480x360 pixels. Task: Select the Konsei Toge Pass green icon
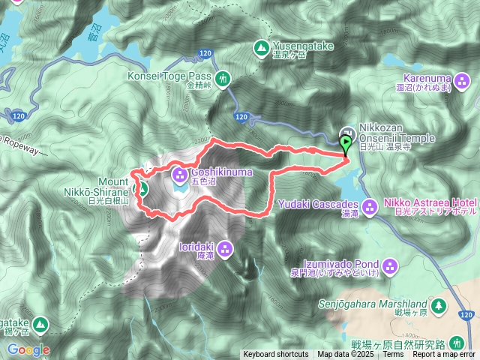pos(222,77)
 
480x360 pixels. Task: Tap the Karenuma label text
pos(436,78)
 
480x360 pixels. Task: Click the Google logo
pos(28,349)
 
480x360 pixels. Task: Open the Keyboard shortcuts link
pos(275,355)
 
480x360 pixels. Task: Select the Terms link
pos(392,355)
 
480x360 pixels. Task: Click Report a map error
pos(445,355)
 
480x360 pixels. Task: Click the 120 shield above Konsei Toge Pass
pos(205,54)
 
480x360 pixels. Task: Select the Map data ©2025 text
pos(343,355)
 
